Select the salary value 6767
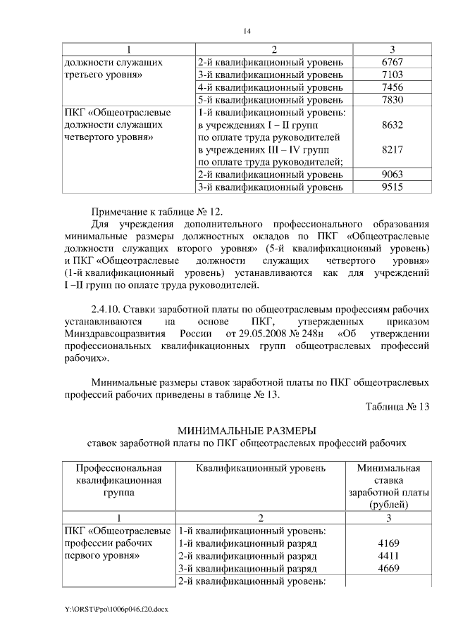click(x=390, y=63)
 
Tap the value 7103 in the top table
click(x=390, y=75)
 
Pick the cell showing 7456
click(x=390, y=87)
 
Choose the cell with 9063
click(x=390, y=175)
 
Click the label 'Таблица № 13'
click(x=397, y=406)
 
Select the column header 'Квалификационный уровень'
click(x=261, y=467)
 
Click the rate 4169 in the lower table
click(x=390, y=544)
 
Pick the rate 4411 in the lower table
click(x=390, y=556)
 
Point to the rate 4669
click(x=390, y=569)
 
